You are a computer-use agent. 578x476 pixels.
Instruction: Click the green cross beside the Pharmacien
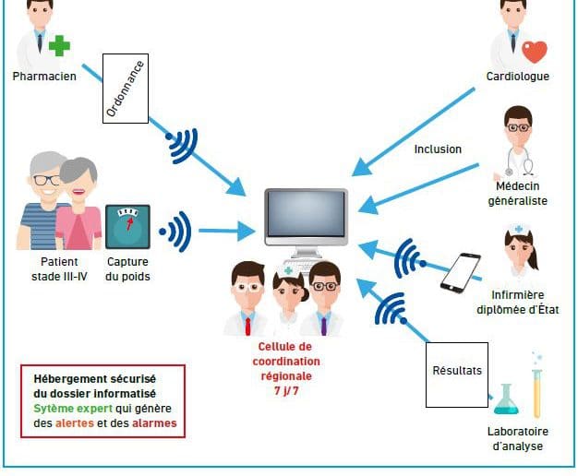[x=59, y=46]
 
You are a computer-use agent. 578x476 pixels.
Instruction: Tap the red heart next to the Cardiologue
[x=535, y=52]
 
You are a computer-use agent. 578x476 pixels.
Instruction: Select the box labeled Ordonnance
[x=126, y=89]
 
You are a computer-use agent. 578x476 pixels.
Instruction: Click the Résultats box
[x=457, y=375]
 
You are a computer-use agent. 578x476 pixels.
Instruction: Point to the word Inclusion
[x=438, y=149]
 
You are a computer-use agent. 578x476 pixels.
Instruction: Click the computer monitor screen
[x=306, y=214]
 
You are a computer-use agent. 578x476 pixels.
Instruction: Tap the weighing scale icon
[x=127, y=227]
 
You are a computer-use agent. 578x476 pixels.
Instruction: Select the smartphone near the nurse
[x=461, y=273]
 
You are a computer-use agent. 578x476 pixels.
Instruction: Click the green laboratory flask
[x=505, y=399]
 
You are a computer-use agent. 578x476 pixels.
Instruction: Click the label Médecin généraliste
[x=518, y=194]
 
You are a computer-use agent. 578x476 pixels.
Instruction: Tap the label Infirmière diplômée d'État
[x=518, y=302]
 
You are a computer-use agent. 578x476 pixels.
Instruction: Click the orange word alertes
[x=75, y=422]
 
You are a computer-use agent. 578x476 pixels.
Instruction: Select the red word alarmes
[x=154, y=422]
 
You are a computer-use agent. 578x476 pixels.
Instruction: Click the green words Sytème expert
[x=73, y=409]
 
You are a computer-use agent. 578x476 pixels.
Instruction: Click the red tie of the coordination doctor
[x=247, y=327]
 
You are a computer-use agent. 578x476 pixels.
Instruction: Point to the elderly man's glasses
[x=46, y=181]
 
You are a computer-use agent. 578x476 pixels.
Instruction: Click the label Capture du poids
[x=127, y=269]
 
